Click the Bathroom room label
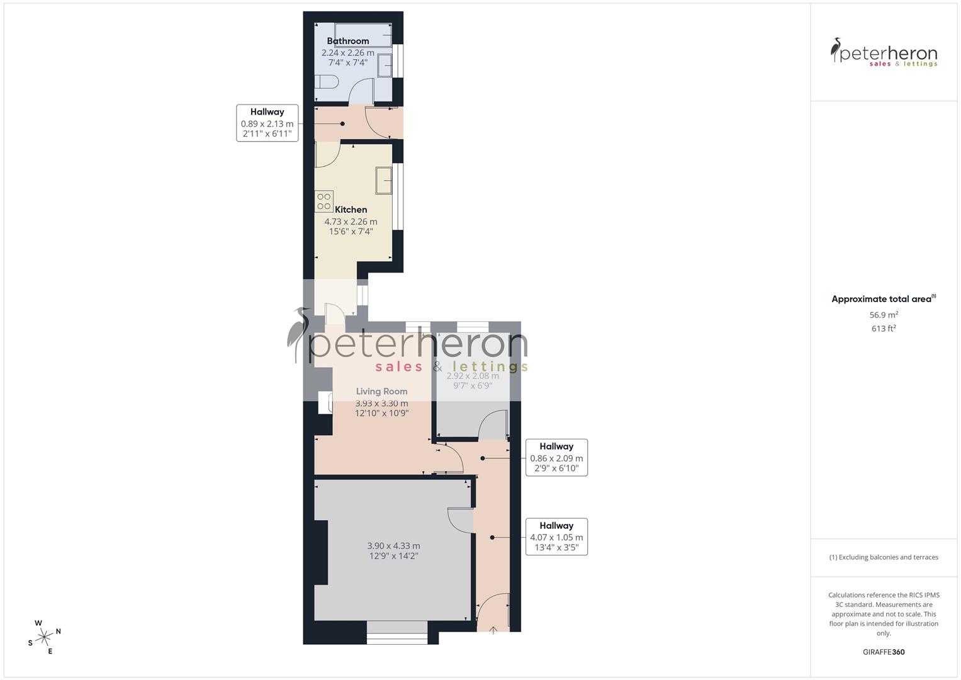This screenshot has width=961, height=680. (x=347, y=41)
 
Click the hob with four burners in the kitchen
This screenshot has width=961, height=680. (x=324, y=201)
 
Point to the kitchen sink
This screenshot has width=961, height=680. (x=384, y=181)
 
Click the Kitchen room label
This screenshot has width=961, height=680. (x=351, y=210)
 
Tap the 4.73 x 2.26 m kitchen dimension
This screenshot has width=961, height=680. (x=351, y=222)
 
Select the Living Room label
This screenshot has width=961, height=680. (x=381, y=391)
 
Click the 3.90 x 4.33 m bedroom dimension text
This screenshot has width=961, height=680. (x=393, y=546)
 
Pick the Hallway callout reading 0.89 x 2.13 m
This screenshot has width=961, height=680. (x=267, y=123)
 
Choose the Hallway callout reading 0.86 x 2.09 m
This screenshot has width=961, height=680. (x=556, y=458)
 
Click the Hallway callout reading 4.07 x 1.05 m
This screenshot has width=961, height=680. (x=556, y=537)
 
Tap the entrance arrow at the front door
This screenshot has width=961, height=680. (x=493, y=629)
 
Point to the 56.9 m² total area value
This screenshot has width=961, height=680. (x=884, y=315)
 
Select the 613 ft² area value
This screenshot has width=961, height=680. (x=884, y=329)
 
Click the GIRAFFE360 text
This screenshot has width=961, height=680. (x=884, y=652)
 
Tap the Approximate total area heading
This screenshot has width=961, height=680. (x=883, y=299)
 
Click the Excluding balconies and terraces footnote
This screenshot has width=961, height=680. (x=884, y=557)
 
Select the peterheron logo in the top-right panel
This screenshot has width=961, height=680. (x=884, y=53)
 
